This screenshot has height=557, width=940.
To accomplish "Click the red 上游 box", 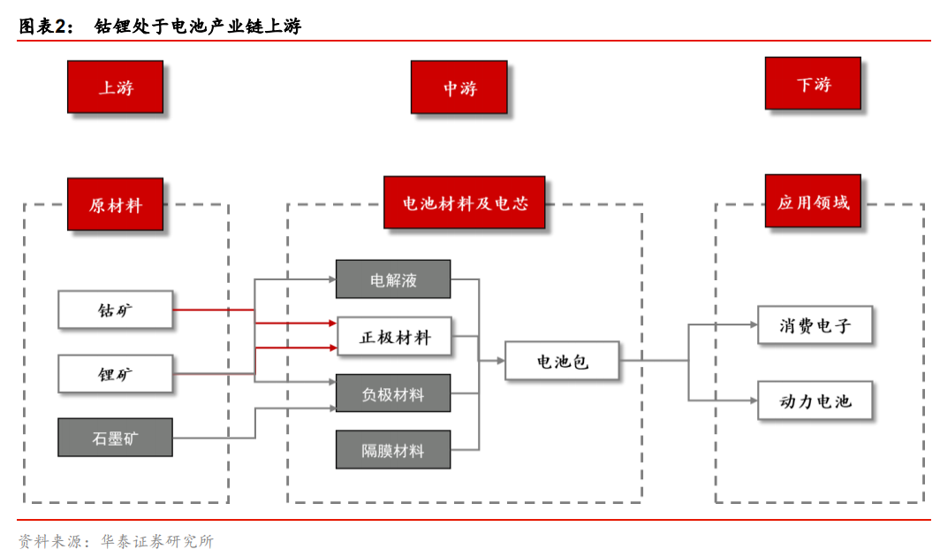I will (x=115, y=87).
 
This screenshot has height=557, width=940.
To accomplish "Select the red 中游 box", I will (x=459, y=87).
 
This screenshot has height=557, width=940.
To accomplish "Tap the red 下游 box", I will (x=813, y=84).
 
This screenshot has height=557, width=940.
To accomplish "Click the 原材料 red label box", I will (x=115, y=204).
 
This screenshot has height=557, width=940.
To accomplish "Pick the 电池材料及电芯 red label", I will (x=464, y=202).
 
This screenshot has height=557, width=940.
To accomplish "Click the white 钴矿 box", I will (x=115, y=309).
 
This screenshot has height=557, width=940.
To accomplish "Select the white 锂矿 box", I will (x=115, y=374).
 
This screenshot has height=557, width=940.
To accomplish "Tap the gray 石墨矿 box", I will (x=115, y=438).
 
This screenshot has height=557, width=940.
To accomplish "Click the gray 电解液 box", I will (x=393, y=279).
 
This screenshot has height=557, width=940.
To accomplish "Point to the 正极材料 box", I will (x=393, y=337).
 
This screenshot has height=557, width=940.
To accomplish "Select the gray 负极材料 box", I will (x=393, y=393).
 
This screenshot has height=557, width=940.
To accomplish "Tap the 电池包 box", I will (x=562, y=361).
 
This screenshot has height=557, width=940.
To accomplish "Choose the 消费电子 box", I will (x=815, y=325).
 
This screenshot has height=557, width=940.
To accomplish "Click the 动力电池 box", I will (x=815, y=401).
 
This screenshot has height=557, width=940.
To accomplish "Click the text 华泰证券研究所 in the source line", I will (x=156, y=541).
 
